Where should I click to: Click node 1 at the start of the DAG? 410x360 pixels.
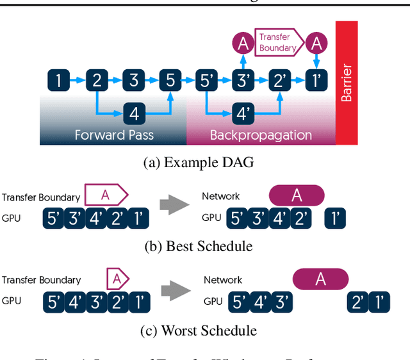pos(59,81)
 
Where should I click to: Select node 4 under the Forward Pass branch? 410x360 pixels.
pos(133,114)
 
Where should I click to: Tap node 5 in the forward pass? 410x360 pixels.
pos(170,81)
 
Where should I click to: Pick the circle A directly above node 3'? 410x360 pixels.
pos(243,44)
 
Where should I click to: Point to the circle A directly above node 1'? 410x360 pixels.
pos(315,44)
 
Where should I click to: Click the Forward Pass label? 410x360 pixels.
pos(114,135)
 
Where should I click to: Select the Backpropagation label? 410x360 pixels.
pos(261,135)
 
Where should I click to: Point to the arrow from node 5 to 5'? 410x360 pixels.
pos(188,81)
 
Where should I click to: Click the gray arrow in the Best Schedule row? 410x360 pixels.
pos(174,205)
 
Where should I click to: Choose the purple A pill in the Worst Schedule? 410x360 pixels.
pos(320,279)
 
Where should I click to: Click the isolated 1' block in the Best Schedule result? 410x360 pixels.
pos(335,218)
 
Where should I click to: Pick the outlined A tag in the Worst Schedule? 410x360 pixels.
pos(117,278)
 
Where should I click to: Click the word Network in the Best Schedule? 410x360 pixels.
pos(221,197)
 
